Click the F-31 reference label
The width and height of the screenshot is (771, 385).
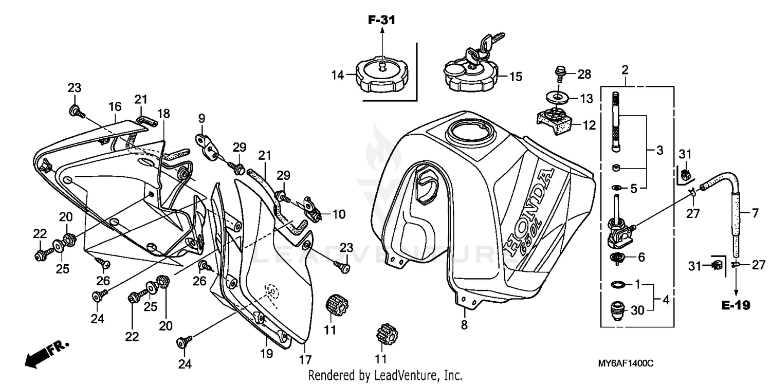coord(382,21)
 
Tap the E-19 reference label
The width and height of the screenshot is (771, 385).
coord(735,305)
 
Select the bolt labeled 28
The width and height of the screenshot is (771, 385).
coord(560,73)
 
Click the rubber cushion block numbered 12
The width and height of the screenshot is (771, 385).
coord(554,122)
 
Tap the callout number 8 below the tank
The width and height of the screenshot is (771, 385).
coord(464,325)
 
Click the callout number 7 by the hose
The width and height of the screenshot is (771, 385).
coord(756,212)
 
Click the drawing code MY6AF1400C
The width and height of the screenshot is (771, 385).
coord(625,363)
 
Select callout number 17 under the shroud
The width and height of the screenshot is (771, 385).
coord(306,359)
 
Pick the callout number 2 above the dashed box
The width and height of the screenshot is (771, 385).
coord(626,69)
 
